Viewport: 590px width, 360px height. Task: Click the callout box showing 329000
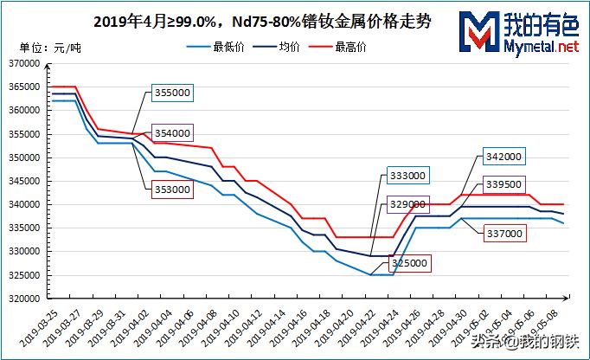(x=406, y=204)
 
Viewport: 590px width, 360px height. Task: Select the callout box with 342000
(x=503, y=157)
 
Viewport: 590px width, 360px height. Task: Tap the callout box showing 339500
(x=503, y=185)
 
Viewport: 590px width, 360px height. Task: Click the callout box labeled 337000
(x=503, y=234)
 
